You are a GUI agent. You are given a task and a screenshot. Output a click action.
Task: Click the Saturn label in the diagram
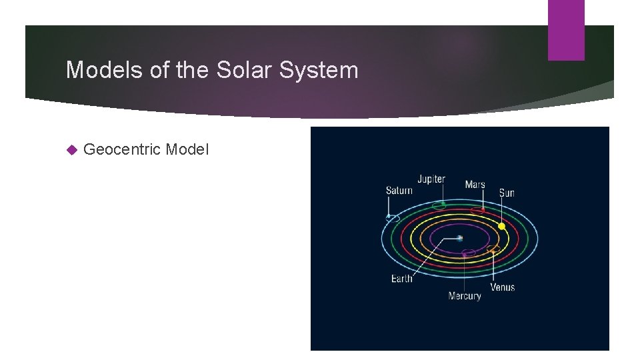pos(399,191)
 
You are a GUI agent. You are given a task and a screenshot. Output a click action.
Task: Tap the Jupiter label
pos(431,179)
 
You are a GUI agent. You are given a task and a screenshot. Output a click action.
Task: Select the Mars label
pos(475,184)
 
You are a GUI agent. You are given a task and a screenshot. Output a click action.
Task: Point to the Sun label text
pos(507,193)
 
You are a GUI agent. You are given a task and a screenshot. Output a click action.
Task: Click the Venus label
pos(502,287)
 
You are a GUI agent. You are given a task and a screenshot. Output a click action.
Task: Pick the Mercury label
pos(464,296)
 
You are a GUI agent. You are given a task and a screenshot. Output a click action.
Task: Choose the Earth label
pos(401,279)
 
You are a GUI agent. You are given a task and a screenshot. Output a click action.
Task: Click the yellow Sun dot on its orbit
pos(502,227)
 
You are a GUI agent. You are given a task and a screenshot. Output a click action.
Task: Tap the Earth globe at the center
pos(460,238)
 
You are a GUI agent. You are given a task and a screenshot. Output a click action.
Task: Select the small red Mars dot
pos(482,211)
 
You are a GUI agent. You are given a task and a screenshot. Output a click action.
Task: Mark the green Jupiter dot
pos(442,204)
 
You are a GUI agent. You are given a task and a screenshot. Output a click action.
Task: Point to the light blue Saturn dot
pos(389,216)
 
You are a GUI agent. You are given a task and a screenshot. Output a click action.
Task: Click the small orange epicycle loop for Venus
pos(493,249)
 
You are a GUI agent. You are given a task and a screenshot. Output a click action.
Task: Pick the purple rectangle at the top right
pos(566,30)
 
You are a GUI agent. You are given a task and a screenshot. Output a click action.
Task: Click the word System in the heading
pos(320,70)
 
